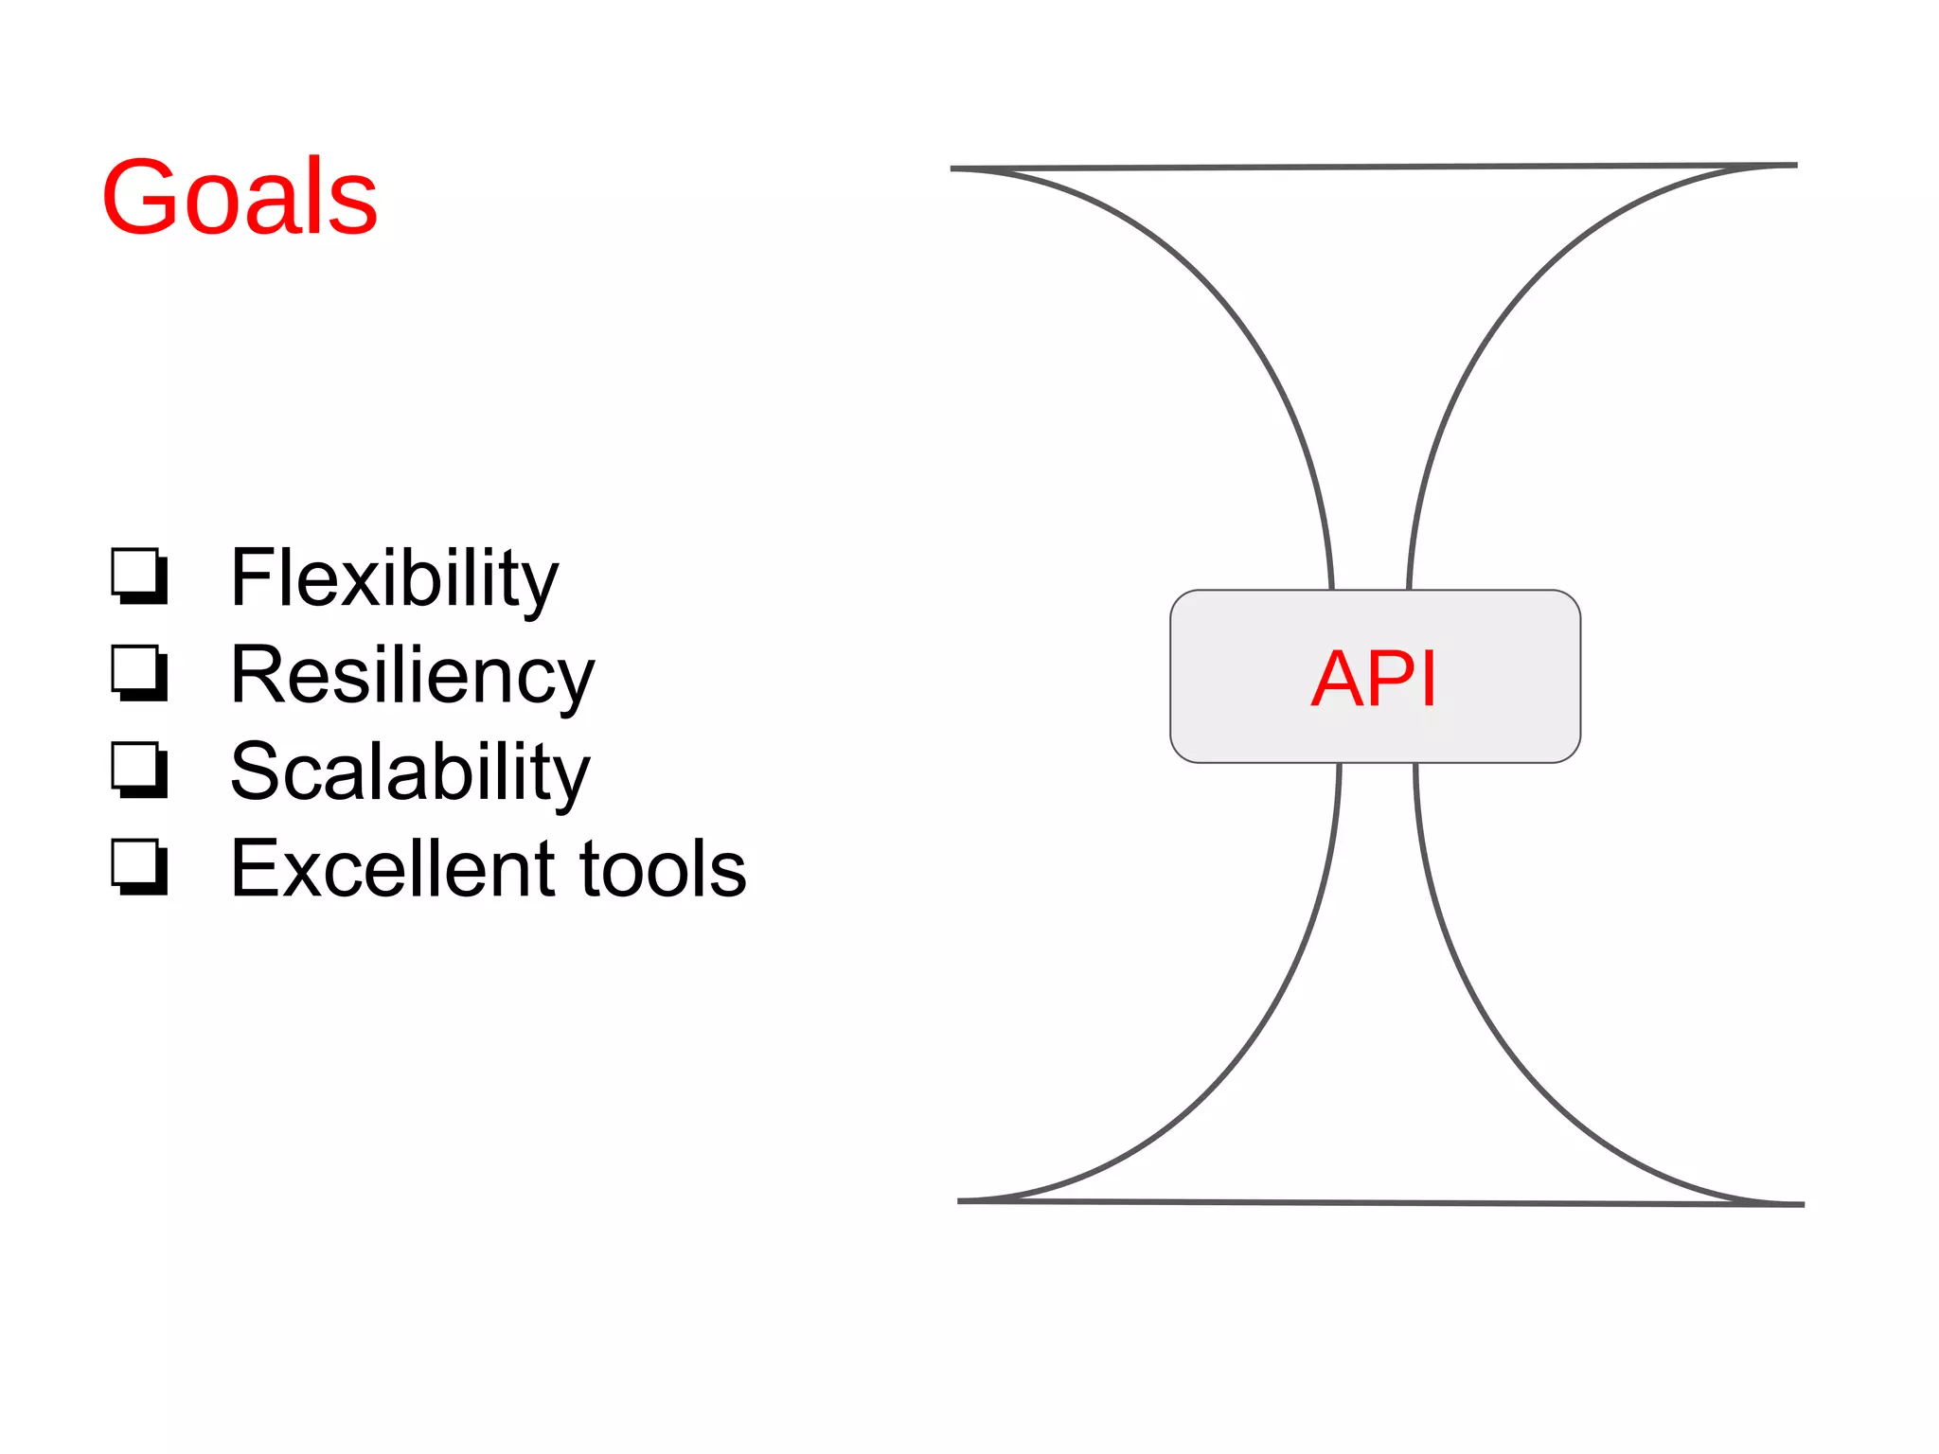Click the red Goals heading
click(x=240, y=197)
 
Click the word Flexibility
click(x=394, y=577)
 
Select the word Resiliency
click(x=412, y=676)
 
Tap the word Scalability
click(x=409, y=772)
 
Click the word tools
click(x=663, y=869)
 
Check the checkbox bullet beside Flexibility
click(x=139, y=576)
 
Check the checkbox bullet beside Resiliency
click(x=139, y=673)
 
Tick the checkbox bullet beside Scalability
click(x=139, y=770)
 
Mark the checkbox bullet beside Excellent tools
click(x=139, y=867)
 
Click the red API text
click(x=1374, y=678)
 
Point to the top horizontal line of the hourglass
click(x=1373, y=168)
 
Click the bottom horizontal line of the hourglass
click(x=1380, y=1203)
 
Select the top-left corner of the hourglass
click(x=953, y=169)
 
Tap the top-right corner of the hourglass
click(x=1794, y=166)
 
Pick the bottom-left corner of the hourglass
click(x=961, y=1201)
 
